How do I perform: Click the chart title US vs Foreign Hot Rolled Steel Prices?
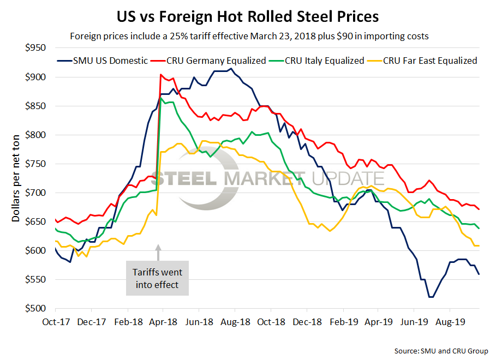click(x=248, y=16)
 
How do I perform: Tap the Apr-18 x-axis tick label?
click(x=158, y=322)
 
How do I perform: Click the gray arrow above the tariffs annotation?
click(x=159, y=253)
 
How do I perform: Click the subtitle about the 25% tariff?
click(x=248, y=37)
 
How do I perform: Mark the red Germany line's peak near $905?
click(x=160, y=75)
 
